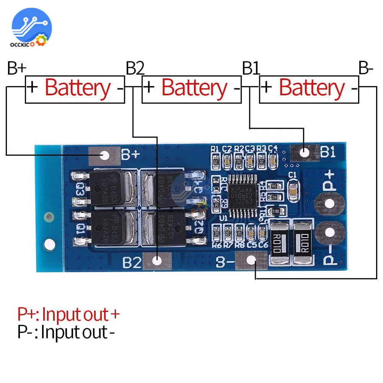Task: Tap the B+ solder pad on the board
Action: pos(105,155)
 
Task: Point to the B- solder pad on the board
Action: pos(251,260)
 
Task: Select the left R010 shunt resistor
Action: pos(278,242)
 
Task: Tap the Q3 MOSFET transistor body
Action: pos(107,188)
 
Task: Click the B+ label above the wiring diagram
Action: pos(16,69)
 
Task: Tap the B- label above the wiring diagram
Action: pos(366,69)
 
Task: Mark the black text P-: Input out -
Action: pos(66,332)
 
